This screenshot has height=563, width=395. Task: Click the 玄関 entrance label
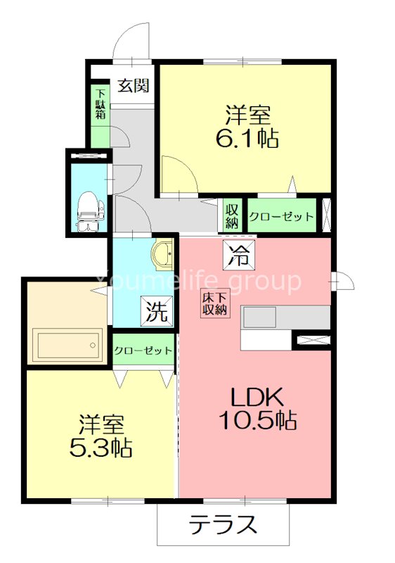point(134,85)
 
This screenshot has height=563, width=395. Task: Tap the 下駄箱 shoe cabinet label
point(101,104)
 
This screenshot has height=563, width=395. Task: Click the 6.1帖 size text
point(247,138)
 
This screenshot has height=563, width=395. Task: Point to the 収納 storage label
point(231,217)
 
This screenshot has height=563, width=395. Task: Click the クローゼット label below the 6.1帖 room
point(281,217)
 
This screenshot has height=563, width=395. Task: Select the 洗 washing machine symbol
point(157,310)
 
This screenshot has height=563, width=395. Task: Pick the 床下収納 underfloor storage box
point(214,304)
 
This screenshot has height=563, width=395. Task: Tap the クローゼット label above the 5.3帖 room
point(143,350)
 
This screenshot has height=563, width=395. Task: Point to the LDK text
point(257,397)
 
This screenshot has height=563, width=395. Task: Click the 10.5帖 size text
point(257,420)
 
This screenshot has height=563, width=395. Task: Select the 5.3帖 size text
point(101,448)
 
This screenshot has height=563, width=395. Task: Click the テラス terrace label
point(223,524)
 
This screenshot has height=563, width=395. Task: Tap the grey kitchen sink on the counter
point(260,317)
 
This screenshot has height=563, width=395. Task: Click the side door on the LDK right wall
point(343,281)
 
